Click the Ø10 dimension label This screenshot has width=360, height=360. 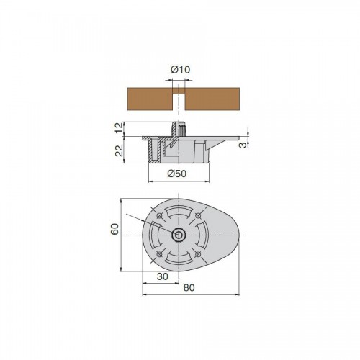click(180, 70)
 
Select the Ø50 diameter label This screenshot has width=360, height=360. click(177, 174)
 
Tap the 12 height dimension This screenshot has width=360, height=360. click(119, 127)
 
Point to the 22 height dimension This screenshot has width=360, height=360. click(119, 150)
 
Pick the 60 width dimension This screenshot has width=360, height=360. click(114, 229)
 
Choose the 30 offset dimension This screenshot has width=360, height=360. click(163, 276)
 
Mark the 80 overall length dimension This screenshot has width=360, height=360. click(189, 287)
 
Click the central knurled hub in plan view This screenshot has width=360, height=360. click(179, 235)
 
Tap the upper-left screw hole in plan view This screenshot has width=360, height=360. click(159, 215)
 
